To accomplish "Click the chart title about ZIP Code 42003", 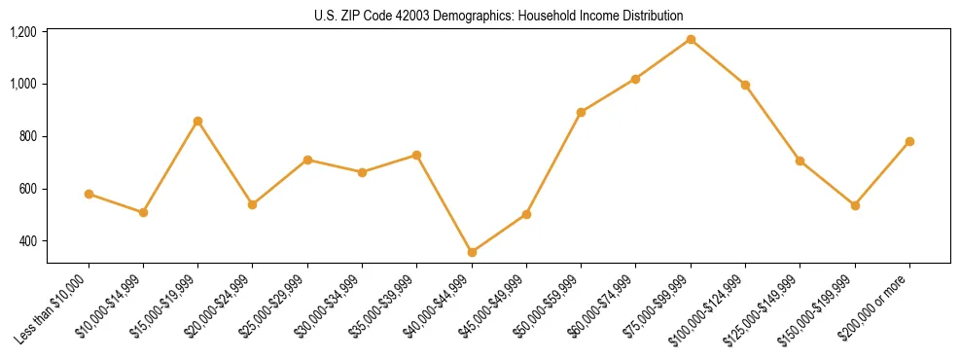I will click(x=498, y=16).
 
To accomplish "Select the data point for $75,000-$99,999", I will click(x=691, y=40).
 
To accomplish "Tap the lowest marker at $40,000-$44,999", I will click(x=472, y=252).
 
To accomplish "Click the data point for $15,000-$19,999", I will click(x=197, y=122).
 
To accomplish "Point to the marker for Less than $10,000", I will click(x=89, y=194).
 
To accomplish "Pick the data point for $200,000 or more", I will click(x=909, y=141).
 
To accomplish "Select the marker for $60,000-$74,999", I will click(x=635, y=79).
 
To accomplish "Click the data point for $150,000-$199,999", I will click(x=855, y=205).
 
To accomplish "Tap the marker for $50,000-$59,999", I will click(x=581, y=112).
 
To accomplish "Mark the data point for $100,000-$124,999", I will click(x=745, y=85).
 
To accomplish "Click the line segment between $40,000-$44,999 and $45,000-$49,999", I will click(x=499, y=234).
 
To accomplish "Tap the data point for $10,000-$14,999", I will click(x=143, y=212).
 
